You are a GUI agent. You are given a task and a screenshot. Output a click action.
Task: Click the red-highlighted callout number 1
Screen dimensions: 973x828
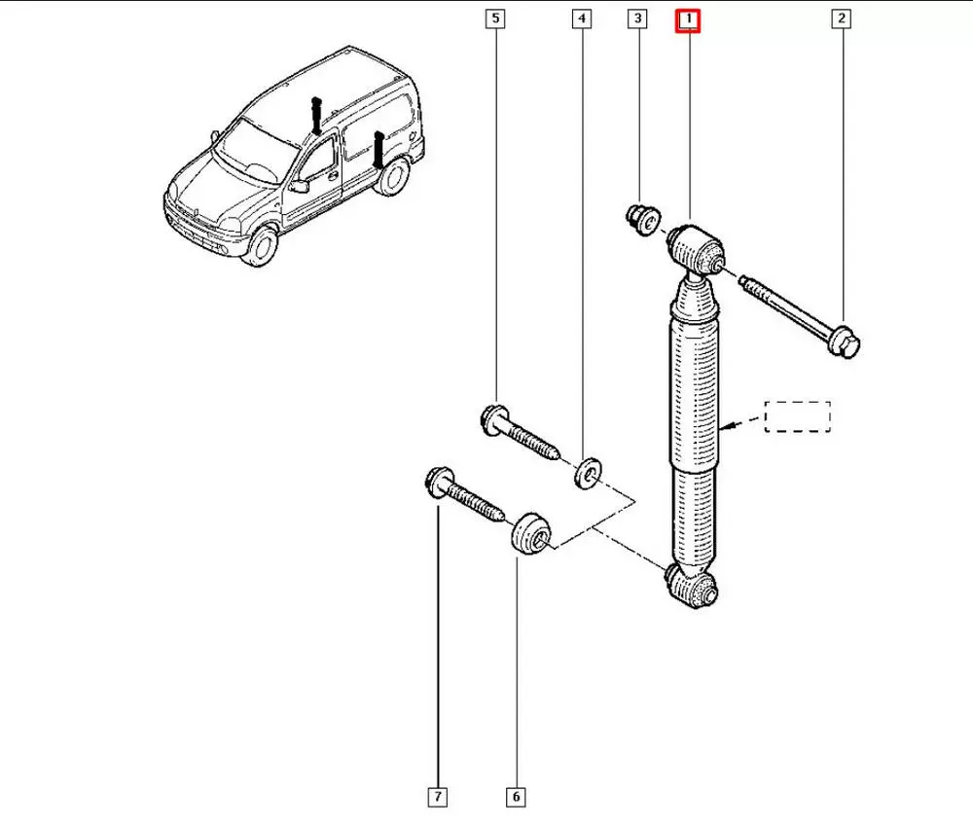click(x=688, y=20)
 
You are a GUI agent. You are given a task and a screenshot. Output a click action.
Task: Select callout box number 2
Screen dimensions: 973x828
click(x=842, y=18)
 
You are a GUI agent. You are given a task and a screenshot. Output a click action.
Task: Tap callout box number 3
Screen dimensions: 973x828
click(x=637, y=18)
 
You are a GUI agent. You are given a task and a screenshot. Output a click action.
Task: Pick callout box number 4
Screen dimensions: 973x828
click(x=582, y=18)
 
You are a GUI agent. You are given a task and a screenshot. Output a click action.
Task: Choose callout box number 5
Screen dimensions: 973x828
click(x=495, y=18)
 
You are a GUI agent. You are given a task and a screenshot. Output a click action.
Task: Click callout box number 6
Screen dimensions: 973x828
click(x=516, y=797)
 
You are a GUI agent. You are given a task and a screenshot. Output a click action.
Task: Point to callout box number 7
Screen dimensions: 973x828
click(x=438, y=797)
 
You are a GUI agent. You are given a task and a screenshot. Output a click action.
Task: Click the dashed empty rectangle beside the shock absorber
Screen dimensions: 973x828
click(x=798, y=416)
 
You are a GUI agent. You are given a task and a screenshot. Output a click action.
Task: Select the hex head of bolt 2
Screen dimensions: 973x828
click(x=845, y=342)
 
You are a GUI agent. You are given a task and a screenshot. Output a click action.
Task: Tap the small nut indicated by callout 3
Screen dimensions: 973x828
click(x=642, y=220)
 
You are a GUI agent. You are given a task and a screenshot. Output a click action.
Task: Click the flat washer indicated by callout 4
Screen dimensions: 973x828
click(x=588, y=473)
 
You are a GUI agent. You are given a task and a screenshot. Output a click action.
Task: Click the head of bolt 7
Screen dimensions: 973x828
click(x=438, y=481)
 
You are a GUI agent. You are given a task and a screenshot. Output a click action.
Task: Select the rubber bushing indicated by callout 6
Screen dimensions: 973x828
click(x=530, y=533)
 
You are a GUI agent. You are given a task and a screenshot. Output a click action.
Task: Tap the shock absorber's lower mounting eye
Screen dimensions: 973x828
click(x=692, y=586)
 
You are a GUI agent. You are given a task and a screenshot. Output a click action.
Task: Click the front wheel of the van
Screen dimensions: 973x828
click(x=261, y=245)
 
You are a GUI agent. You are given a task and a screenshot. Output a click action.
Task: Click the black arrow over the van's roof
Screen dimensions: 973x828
click(x=316, y=116)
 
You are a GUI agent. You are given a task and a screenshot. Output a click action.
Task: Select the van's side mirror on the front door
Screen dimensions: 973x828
click(x=301, y=186)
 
